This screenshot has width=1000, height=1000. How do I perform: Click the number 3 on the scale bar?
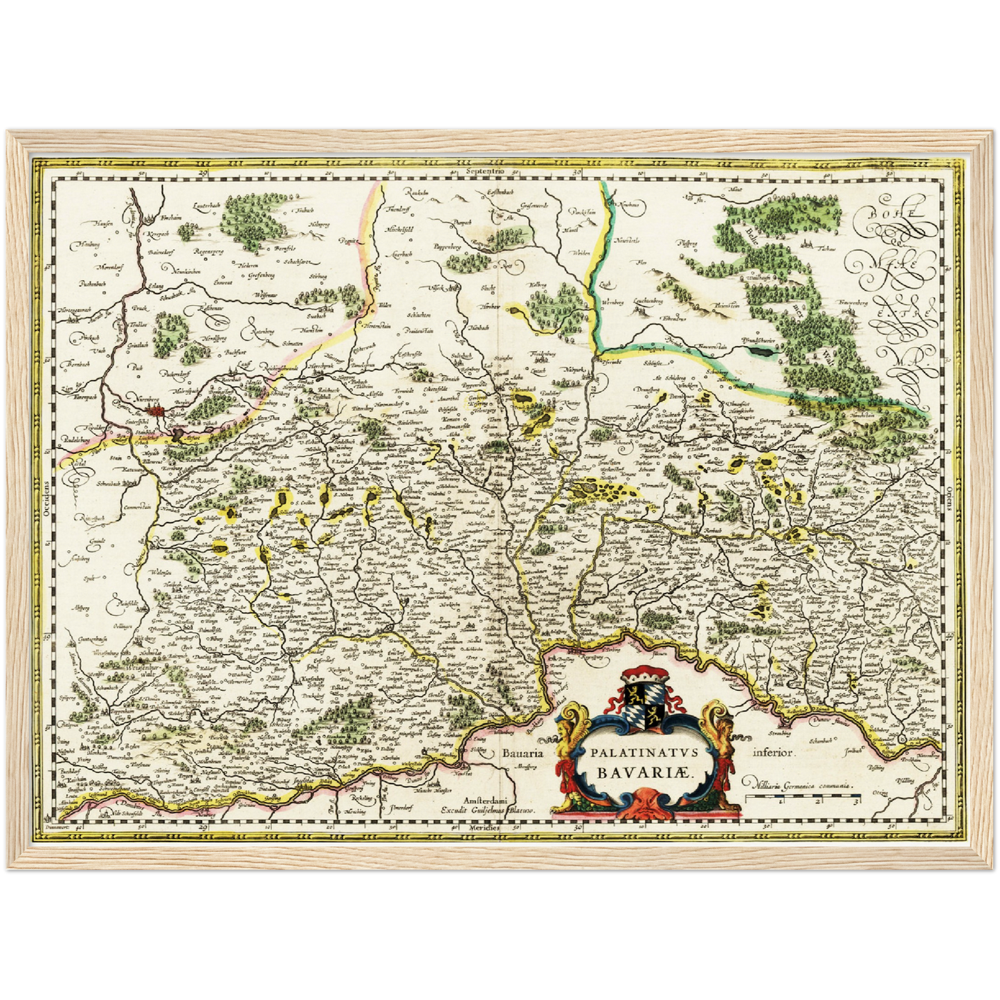coord(857,803)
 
